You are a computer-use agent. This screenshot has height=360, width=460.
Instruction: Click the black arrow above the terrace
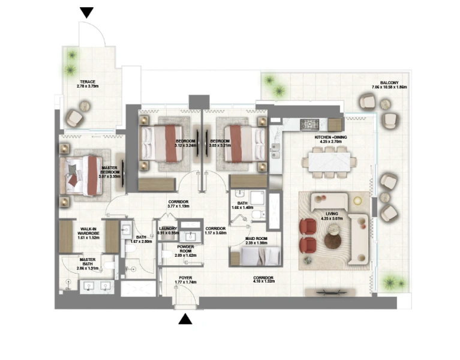pyautogui.click(x=87, y=12)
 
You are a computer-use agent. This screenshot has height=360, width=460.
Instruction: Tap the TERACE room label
pyautogui.click(x=88, y=83)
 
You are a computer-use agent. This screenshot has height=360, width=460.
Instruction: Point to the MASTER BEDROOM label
pyautogui.click(x=110, y=172)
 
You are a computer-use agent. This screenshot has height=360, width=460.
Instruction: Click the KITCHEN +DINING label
pyautogui.click(x=330, y=140)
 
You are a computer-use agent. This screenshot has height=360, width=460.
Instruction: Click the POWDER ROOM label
pyautogui.click(x=185, y=251)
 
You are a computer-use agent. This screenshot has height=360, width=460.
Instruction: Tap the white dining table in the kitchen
pyautogui.click(x=331, y=161)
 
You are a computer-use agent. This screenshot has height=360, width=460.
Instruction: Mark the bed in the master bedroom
pyautogui.click(x=84, y=175)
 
